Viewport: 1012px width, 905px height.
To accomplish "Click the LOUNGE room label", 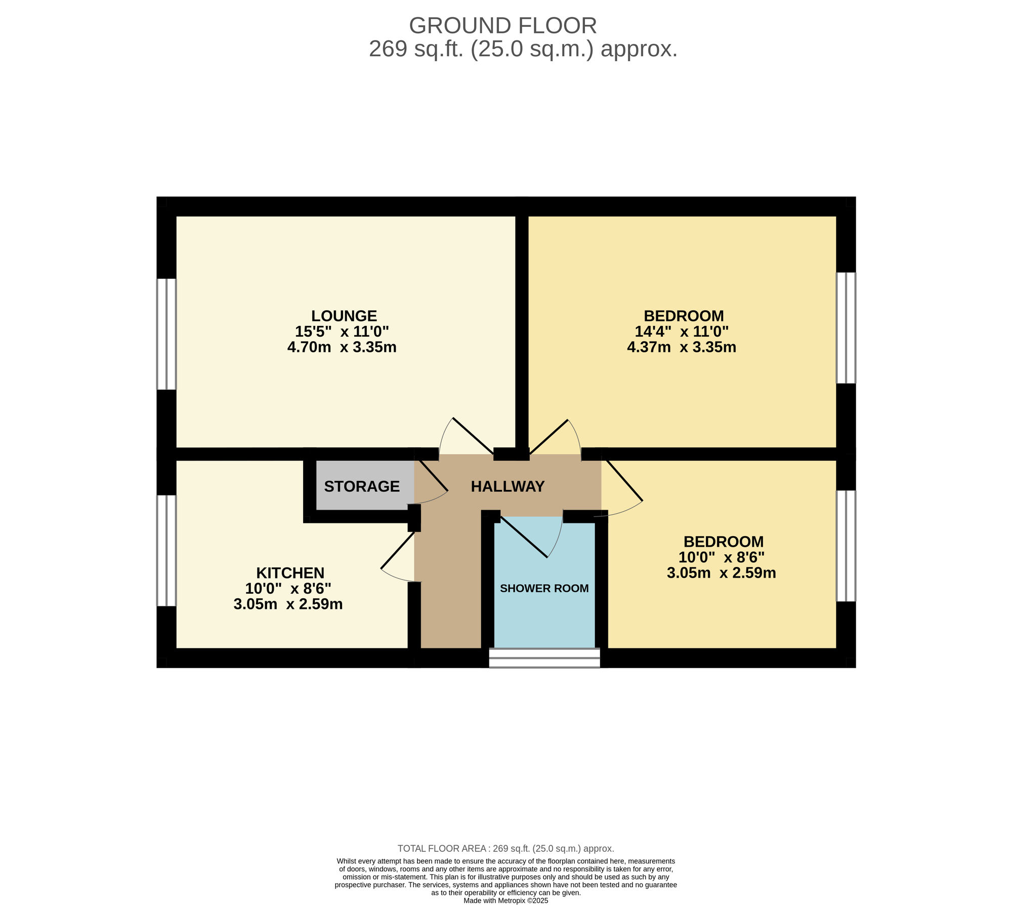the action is coord(344,316).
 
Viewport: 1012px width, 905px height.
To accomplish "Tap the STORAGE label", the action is coord(362,486).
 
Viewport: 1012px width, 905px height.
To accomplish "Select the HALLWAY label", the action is coord(508,486).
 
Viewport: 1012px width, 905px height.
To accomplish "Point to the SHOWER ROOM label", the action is coord(544,588).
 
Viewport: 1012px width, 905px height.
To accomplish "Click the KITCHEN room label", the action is coord(290,573).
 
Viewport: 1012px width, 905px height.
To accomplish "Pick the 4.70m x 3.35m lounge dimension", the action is coord(342,347).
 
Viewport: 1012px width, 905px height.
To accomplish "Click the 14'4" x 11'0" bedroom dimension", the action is coord(682,332).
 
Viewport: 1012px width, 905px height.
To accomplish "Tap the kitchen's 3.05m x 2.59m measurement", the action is coord(288,604).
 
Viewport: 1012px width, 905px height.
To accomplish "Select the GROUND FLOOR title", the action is coord(503,25).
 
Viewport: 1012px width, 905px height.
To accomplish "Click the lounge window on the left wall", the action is coord(166,334).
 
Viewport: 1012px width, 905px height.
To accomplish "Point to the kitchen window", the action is coord(166,551).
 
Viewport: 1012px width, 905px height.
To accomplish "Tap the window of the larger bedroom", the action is coord(846,328).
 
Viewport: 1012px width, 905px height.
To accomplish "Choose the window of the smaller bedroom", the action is coord(846,546).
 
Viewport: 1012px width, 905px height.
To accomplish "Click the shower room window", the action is coord(544,658).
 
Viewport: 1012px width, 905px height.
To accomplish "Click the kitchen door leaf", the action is coord(398,551).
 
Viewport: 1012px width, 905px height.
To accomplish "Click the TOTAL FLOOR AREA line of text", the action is coord(506,849).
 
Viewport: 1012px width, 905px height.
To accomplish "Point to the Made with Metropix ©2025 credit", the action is coord(506,901).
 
